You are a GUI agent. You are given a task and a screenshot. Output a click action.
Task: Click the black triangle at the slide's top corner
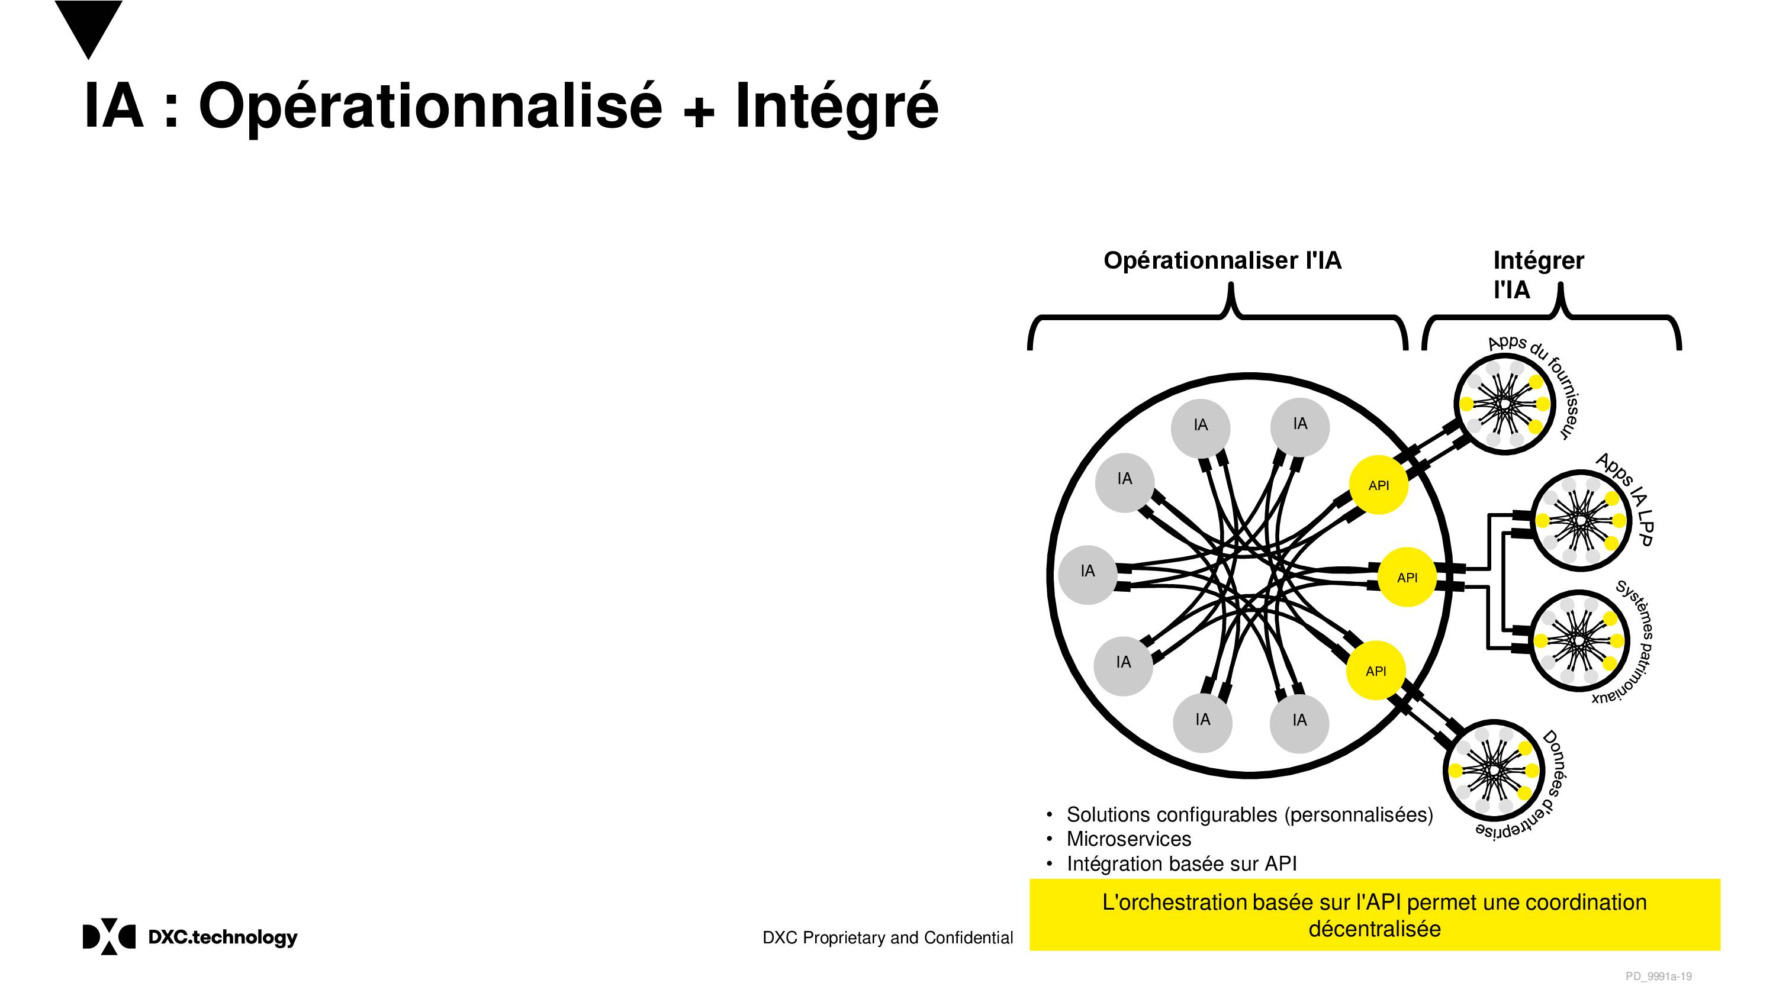coord(88,24)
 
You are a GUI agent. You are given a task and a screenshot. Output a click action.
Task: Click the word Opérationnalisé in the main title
coord(430,107)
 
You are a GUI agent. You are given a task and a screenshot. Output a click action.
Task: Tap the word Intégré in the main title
coord(836,107)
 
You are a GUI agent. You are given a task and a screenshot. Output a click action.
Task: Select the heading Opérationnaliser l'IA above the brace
coord(1222,260)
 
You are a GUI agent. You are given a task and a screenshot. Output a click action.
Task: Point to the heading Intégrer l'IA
coord(1538,275)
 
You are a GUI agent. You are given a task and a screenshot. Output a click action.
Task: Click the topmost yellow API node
coord(1378,485)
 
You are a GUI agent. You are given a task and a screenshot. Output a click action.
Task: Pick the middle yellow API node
coord(1407,577)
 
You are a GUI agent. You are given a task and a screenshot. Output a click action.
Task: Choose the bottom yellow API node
coord(1375,670)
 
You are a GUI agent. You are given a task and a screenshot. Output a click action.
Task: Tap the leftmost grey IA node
coord(1088,575)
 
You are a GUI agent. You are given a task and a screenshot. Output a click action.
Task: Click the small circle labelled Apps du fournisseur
coord(1504,404)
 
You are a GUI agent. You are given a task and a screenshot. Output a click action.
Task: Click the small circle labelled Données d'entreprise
coord(1494,770)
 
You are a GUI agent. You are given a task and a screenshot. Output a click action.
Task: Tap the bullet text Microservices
coord(1128,839)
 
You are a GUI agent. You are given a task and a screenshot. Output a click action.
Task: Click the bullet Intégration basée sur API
coord(1182,864)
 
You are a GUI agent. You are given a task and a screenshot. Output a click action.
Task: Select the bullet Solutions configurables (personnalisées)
coord(1249,815)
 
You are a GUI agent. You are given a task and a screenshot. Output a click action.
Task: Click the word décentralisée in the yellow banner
coord(1374,929)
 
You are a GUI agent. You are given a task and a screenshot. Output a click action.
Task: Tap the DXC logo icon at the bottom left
coord(109,936)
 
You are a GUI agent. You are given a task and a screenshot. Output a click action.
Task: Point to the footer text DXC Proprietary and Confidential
coord(887,937)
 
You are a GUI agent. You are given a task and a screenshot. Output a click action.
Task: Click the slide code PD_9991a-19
coord(1658,977)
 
